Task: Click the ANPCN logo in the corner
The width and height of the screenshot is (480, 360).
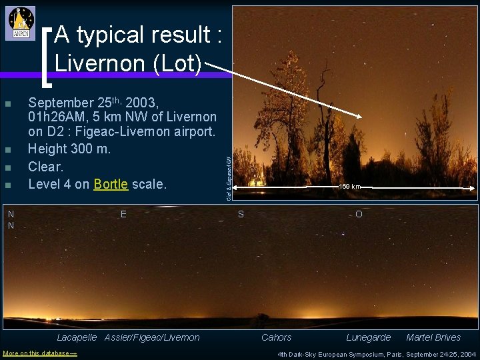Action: pyautogui.click(x=21, y=23)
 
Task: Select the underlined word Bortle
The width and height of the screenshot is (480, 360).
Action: pyautogui.click(x=111, y=184)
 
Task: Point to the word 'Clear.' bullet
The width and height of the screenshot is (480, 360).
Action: pyautogui.click(x=46, y=167)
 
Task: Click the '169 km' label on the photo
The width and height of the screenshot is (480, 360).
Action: pyautogui.click(x=349, y=187)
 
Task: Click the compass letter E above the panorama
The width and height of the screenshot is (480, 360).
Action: pyautogui.click(x=124, y=214)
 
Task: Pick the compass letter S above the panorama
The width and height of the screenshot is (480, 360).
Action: pyautogui.click(x=241, y=214)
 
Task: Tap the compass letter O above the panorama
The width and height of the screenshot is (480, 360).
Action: pyautogui.click(x=359, y=214)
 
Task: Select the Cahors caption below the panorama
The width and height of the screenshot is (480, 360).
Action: pyautogui.click(x=276, y=337)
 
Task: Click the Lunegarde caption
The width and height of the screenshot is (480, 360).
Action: pyautogui.click(x=368, y=337)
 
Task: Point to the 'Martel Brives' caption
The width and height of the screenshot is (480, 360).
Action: pyautogui.click(x=433, y=337)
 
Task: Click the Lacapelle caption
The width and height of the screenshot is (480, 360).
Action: pyautogui.click(x=77, y=337)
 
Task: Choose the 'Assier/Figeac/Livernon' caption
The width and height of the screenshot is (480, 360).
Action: pyautogui.click(x=152, y=337)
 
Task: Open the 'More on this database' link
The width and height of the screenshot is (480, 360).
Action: pyautogui.click(x=40, y=353)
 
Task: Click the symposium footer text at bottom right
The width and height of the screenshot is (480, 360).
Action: pyautogui.click(x=377, y=354)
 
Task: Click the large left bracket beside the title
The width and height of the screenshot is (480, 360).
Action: pyautogui.click(x=47, y=57)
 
